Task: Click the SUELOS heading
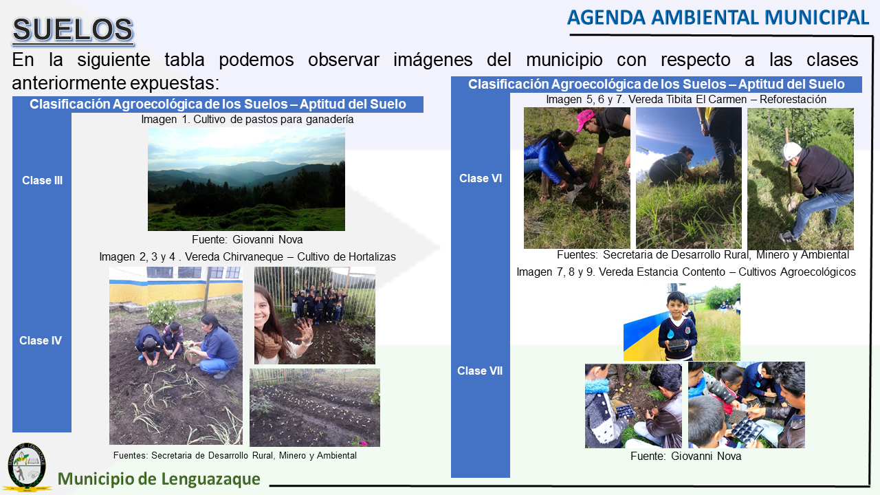click(73, 30)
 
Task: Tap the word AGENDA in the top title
click(606, 18)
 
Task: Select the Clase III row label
click(42, 180)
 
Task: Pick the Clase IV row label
click(41, 340)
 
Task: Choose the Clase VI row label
click(481, 178)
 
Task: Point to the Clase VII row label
click(480, 371)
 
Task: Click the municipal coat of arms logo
click(27, 467)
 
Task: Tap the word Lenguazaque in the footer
click(210, 479)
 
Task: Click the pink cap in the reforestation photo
click(585, 119)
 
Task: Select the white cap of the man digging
click(791, 153)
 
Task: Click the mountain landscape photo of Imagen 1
click(246, 179)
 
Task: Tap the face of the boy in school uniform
click(676, 305)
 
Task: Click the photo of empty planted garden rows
click(315, 408)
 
